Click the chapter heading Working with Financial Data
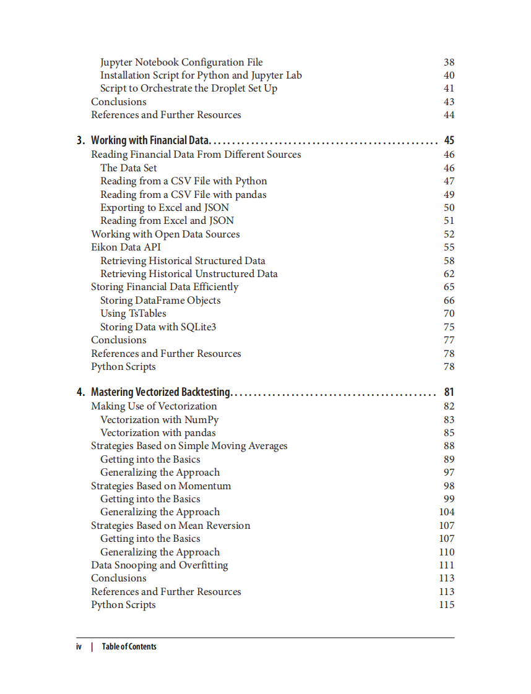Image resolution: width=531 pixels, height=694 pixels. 151,140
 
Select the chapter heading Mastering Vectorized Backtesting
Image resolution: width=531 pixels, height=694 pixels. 160,392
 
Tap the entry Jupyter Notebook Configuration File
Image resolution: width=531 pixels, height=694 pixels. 181,62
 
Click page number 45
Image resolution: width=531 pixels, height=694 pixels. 449,140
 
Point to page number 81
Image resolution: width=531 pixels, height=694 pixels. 449,392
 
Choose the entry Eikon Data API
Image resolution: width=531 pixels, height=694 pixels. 126,247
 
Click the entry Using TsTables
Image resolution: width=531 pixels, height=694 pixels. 133,314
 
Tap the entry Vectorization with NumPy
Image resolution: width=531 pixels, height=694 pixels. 159,419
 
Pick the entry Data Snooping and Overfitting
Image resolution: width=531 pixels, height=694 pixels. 159,565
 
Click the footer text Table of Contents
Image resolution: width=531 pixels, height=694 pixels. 129,647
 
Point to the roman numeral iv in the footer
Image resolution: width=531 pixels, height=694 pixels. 79,647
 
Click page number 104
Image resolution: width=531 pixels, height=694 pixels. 446,512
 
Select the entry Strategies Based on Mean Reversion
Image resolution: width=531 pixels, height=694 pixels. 170,526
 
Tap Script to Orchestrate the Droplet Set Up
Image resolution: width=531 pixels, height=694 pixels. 189,88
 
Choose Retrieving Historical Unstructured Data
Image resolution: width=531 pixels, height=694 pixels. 189,274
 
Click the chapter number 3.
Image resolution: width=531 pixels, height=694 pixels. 80,140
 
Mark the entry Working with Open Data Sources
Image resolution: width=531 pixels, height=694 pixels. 165,234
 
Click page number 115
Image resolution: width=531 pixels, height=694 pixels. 446,605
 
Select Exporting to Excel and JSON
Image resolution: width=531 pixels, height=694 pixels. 165,208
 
